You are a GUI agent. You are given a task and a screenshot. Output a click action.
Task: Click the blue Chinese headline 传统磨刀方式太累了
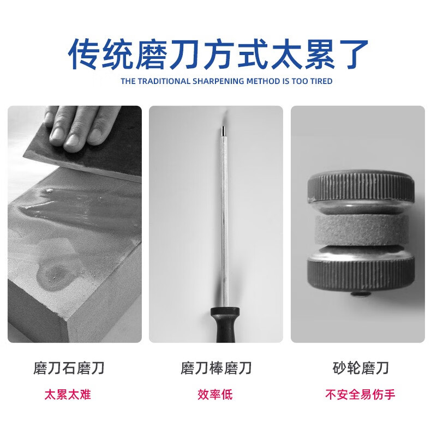218,54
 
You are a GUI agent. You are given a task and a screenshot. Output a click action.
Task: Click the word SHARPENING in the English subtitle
218,81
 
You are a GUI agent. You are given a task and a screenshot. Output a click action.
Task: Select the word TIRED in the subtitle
321,81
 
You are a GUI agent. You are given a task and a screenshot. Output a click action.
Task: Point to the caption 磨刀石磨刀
69,368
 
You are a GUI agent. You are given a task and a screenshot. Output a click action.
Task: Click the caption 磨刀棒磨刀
216,368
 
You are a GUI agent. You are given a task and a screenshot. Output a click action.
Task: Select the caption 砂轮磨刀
361,368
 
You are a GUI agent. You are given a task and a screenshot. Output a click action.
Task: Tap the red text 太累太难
68,394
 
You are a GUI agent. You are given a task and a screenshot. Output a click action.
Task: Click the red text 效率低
215,394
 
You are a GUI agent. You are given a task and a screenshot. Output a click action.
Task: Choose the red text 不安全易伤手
360,394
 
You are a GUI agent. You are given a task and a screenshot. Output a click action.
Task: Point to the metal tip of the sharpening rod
224,131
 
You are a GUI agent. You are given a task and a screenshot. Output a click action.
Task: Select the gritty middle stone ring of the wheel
361,230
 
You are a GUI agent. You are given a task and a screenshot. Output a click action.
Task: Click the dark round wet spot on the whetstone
55,273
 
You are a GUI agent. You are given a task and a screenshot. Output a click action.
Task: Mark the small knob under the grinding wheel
361,294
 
